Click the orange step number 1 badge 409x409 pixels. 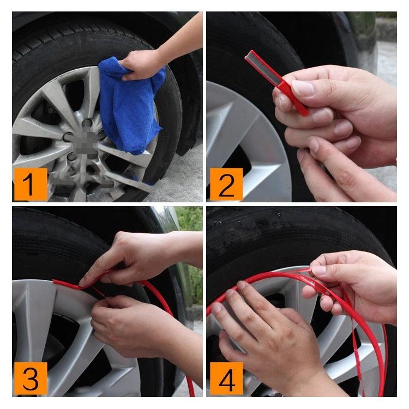[30, 183]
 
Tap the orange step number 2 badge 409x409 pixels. [225, 183]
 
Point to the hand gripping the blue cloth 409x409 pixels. [143, 64]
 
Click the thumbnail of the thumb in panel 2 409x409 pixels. [302, 87]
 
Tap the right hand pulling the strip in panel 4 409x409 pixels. [354, 278]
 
